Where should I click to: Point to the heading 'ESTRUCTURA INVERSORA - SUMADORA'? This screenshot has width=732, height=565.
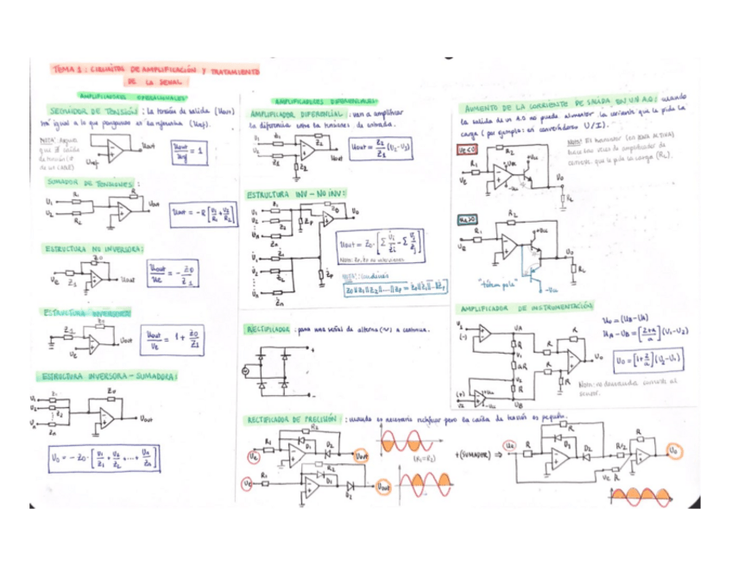pos(105,376)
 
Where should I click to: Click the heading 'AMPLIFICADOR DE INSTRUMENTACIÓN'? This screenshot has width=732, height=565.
pos(527,308)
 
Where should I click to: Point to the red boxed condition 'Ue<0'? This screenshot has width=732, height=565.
pos(467,149)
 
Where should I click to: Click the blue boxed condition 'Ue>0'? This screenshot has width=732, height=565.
pos(467,219)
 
